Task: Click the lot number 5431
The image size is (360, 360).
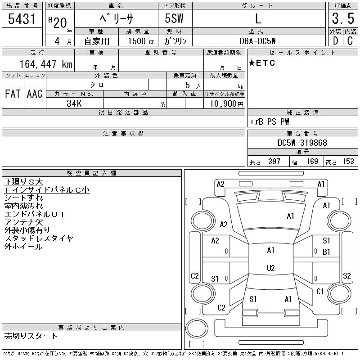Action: coord(22,19)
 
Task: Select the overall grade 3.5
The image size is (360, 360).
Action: coord(342,19)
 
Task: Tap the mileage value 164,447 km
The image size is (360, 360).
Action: coord(45,64)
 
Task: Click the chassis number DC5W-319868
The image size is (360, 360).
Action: coord(302,143)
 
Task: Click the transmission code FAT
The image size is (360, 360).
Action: coord(13,94)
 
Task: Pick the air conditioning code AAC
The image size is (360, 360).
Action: coord(35,94)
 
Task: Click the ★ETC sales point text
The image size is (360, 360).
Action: coord(262,63)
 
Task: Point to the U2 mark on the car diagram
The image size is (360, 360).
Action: coord(270,268)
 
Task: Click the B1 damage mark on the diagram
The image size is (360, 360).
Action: coord(326,252)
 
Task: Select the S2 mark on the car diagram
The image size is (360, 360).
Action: coord(347,276)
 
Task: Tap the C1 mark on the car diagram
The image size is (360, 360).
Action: coord(320,292)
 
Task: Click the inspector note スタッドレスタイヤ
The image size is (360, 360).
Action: coord(38,238)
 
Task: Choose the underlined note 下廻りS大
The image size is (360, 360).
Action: coord(23,182)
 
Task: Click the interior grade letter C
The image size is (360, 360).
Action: coord(350,40)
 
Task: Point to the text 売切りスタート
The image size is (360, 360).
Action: coord(31,336)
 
